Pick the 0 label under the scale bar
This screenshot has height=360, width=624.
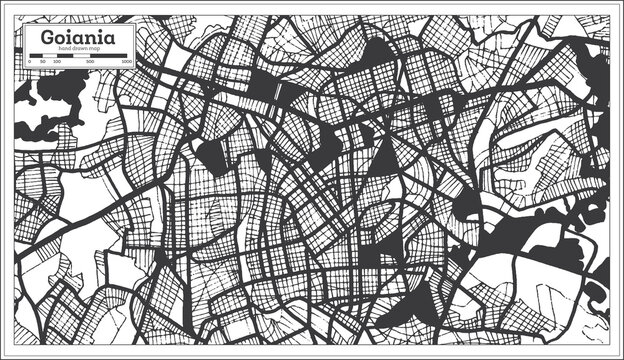tap(30, 62)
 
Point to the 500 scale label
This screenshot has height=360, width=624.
tap(90, 62)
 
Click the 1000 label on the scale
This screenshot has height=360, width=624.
tap(127, 62)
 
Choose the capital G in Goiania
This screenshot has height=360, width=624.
tap(48, 37)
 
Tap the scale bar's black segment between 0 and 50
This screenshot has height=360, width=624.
tap(36, 56)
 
